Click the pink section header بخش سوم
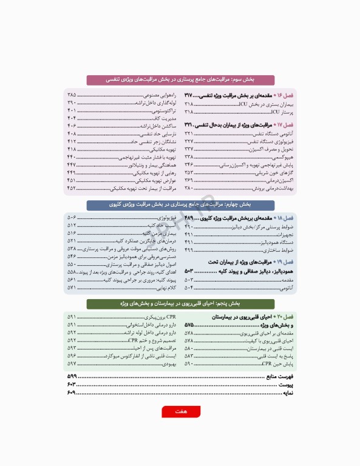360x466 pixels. (x=180, y=79)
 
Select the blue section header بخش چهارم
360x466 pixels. (x=180, y=205)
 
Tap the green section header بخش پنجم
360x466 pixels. (x=180, y=303)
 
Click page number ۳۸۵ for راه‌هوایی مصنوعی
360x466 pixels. (x=72, y=96)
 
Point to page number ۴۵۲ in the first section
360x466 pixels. (x=72, y=188)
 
